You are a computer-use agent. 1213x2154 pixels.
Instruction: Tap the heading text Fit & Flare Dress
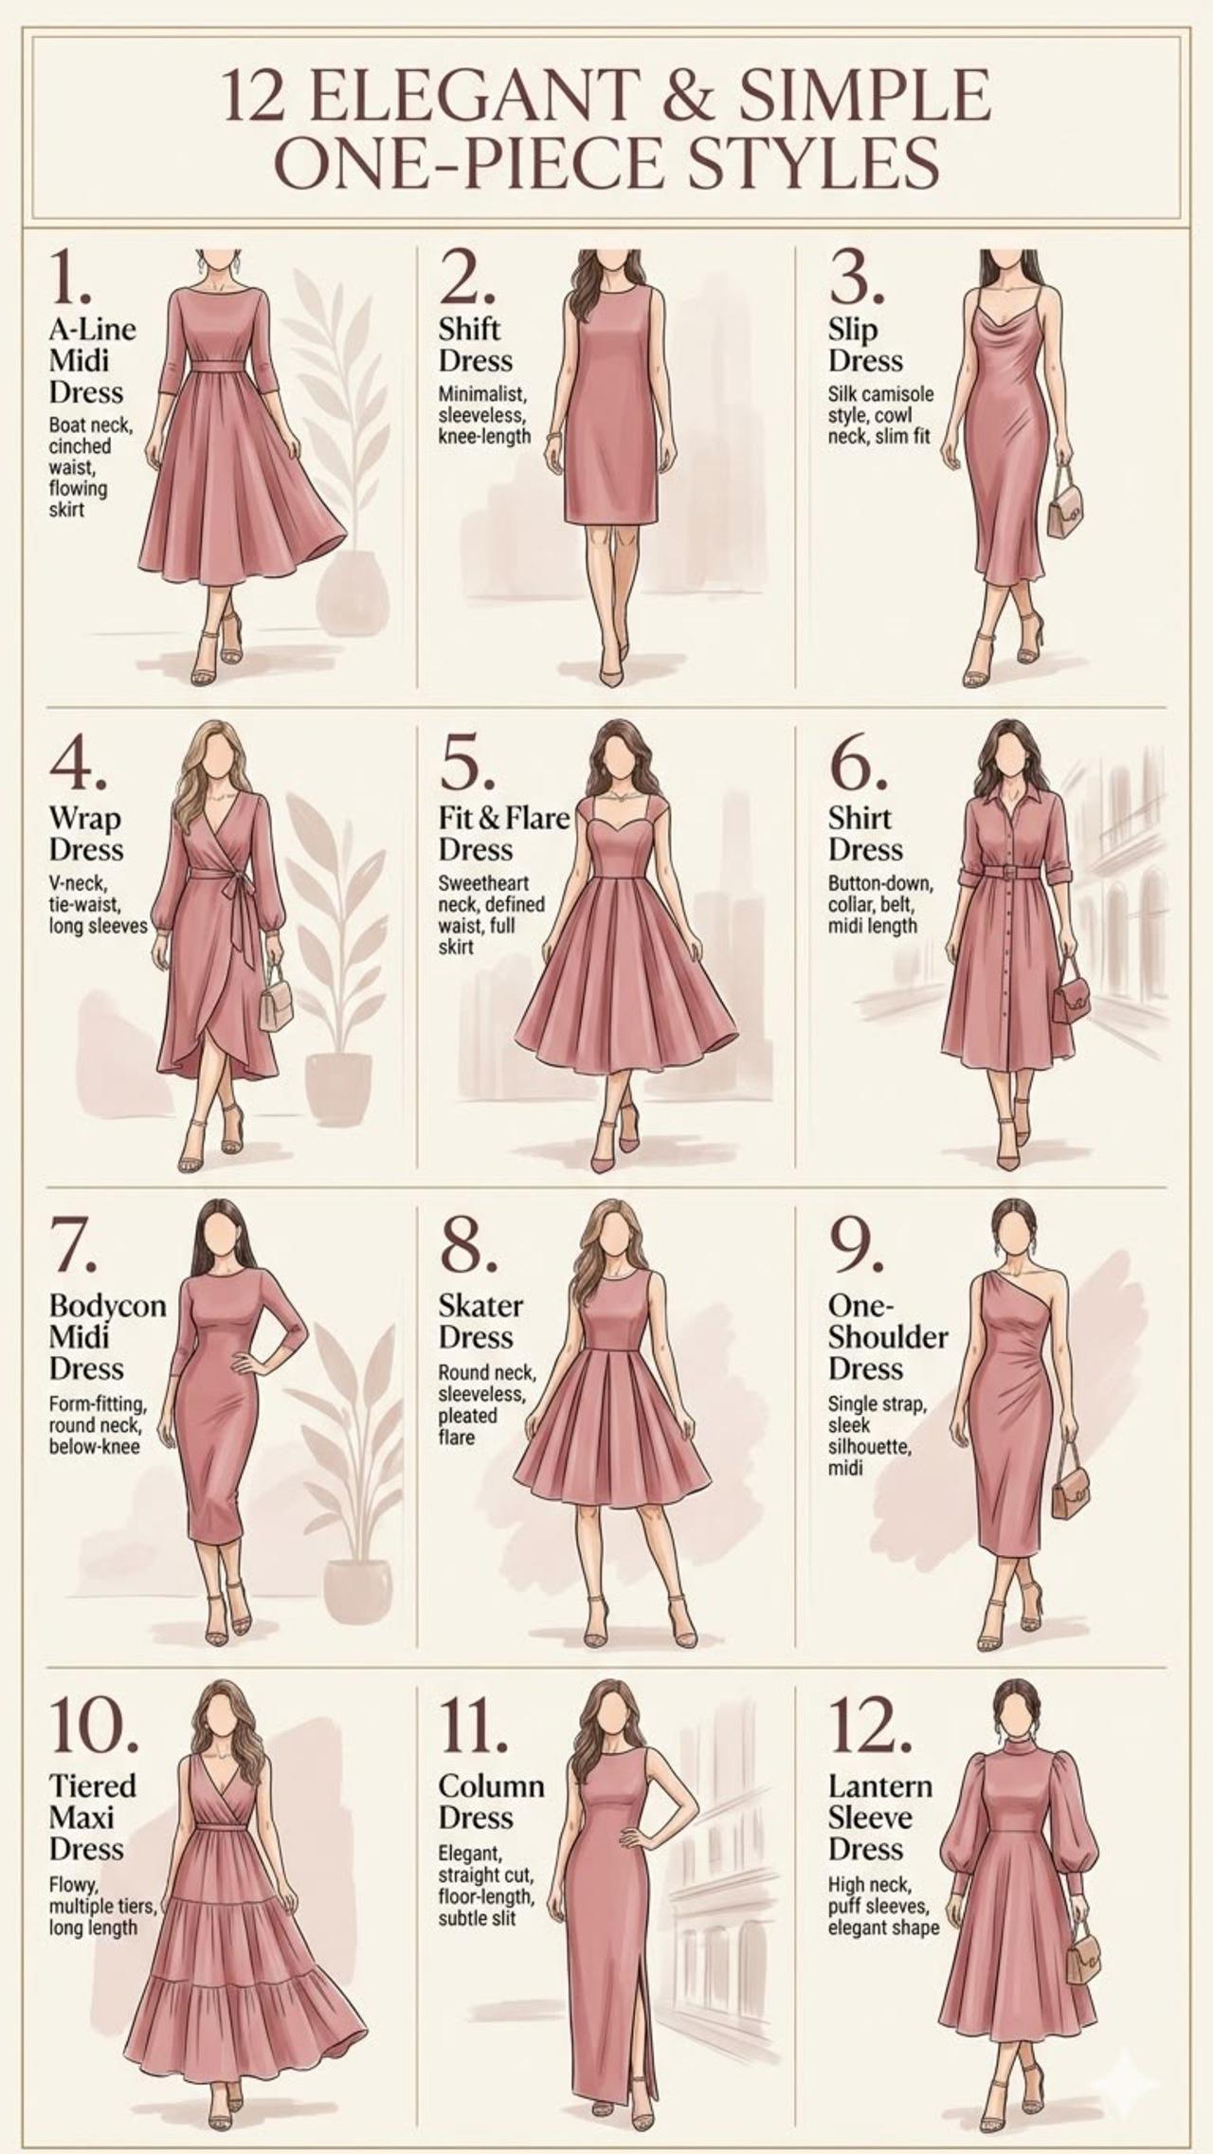[x=502, y=832]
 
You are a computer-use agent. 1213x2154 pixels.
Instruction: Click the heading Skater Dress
[x=480, y=1321]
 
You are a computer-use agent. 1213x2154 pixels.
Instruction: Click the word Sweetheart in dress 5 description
[x=483, y=883]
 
